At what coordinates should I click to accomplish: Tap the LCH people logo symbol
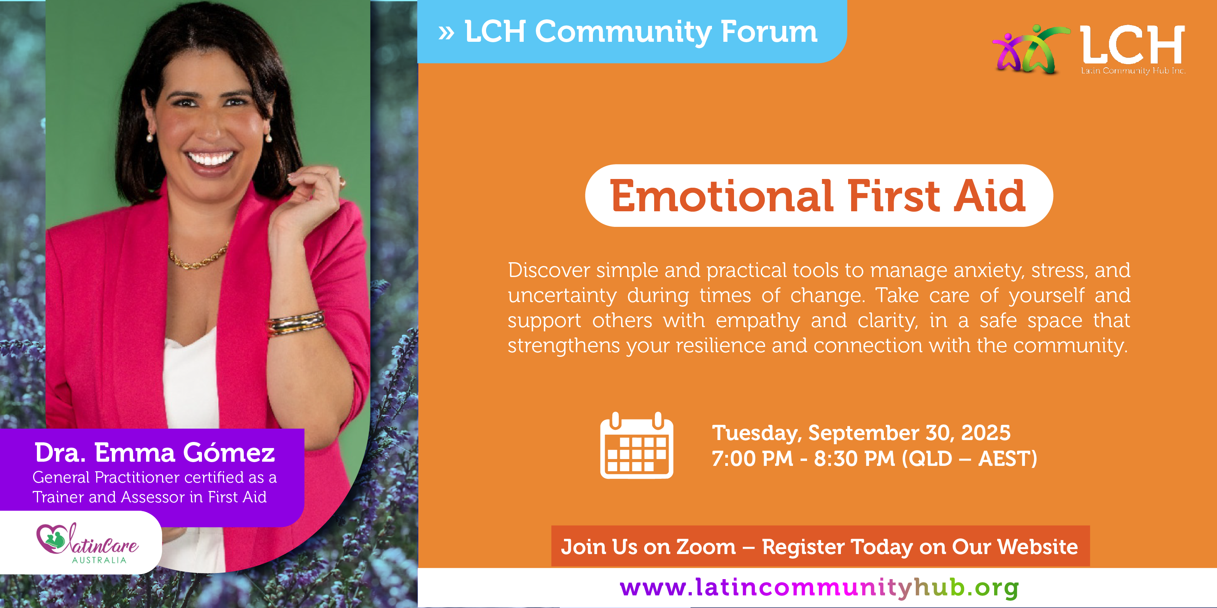point(1031,49)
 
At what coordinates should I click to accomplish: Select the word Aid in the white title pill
point(990,196)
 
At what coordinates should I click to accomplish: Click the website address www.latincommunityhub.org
point(819,588)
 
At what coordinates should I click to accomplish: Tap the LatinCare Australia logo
point(87,543)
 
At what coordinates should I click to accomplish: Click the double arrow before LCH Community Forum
point(446,33)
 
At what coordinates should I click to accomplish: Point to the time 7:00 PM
point(753,458)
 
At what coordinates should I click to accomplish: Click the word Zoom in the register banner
point(706,547)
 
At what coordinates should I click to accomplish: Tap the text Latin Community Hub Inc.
point(1133,70)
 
